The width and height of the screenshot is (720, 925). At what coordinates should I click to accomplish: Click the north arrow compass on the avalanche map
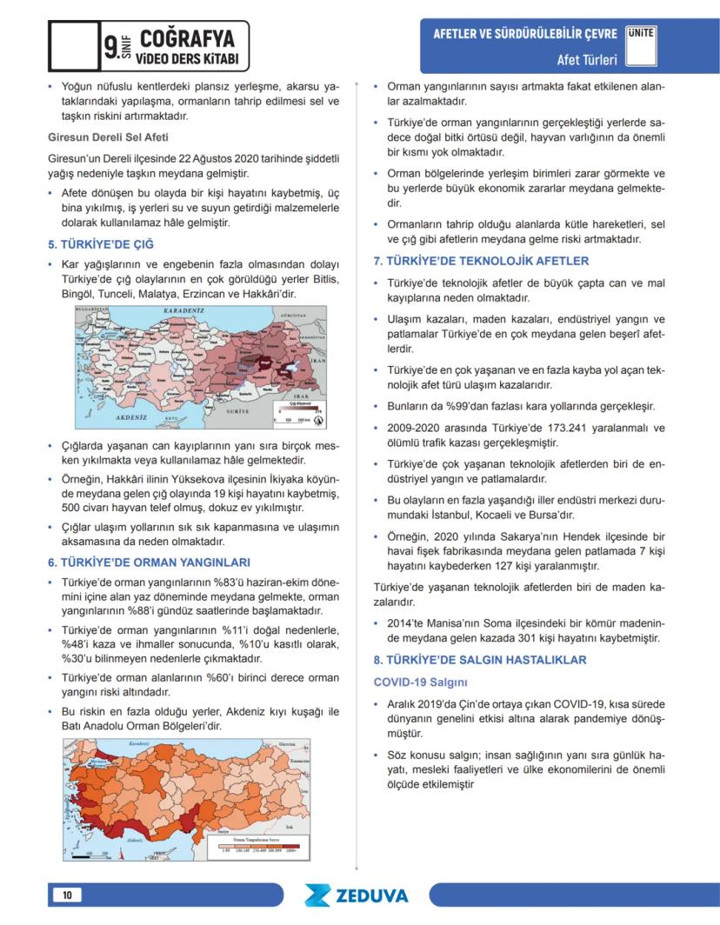[x=318, y=421]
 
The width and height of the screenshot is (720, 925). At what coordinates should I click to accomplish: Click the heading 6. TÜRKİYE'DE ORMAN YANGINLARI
[x=149, y=562]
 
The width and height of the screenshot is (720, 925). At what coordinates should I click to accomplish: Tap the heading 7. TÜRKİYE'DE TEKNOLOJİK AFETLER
[x=481, y=261]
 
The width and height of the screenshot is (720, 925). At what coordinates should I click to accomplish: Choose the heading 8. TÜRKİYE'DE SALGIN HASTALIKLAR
[x=480, y=660]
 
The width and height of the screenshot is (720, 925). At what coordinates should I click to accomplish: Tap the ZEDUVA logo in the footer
[x=357, y=895]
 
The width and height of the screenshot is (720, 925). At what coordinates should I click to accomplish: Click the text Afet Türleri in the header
[x=587, y=60]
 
